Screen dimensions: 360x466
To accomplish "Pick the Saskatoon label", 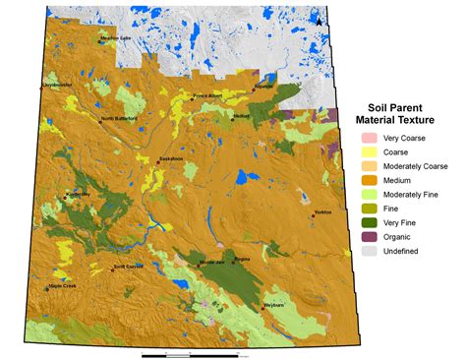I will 173,158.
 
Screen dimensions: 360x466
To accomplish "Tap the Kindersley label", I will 77,194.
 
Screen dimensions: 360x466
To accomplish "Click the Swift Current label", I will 129,266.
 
